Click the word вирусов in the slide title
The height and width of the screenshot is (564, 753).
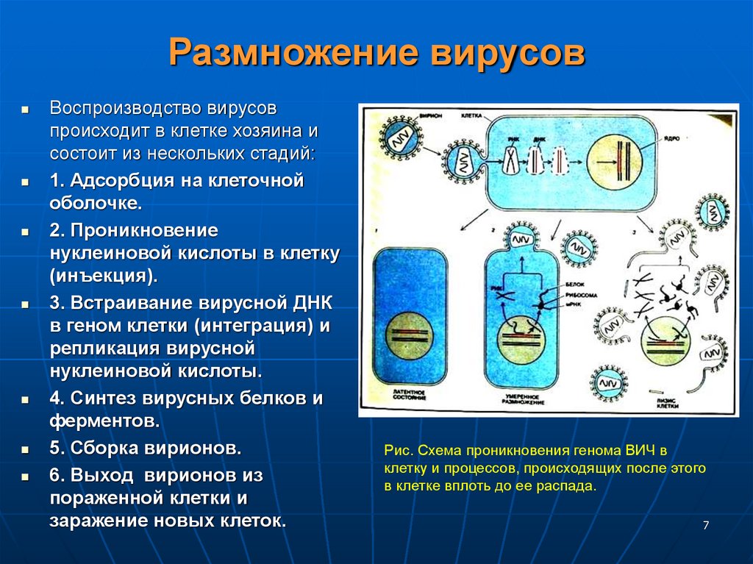[508, 54]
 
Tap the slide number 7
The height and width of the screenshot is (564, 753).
[706, 525]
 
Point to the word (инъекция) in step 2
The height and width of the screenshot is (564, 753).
[104, 276]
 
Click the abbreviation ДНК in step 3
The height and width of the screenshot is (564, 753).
[310, 302]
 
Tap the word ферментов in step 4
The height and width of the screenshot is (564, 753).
[104, 422]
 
